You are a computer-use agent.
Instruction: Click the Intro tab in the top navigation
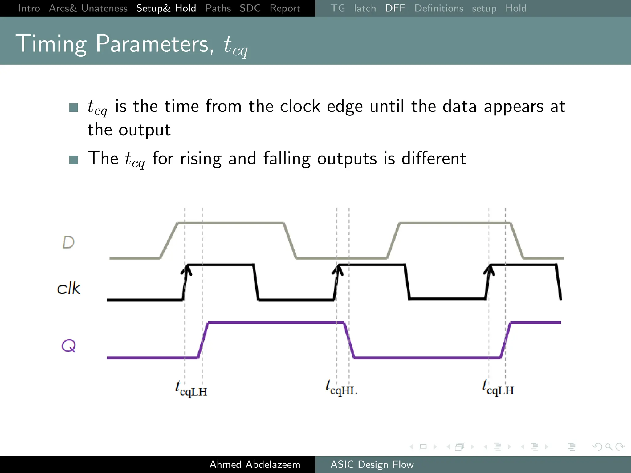pyautogui.click(x=29, y=8)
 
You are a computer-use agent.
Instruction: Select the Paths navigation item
pyautogui.click(x=218, y=8)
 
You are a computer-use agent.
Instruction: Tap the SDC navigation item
pyautogui.click(x=250, y=8)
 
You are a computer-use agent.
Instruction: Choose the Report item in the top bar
pyautogui.click(x=285, y=8)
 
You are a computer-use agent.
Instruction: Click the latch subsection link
pyautogui.click(x=365, y=8)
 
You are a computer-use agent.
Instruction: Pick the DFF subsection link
pyautogui.click(x=395, y=8)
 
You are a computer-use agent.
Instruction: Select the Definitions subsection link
pyautogui.click(x=438, y=8)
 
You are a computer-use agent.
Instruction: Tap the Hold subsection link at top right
pyautogui.click(x=516, y=8)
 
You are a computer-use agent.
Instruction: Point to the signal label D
pyautogui.click(x=68, y=242)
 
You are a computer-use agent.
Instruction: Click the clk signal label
pyautogui.click(x=69, y=288)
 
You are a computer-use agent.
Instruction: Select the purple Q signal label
pyautogui.click(x=68, y=346)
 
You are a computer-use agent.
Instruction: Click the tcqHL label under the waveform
pyautogui.click(x=341, y=388)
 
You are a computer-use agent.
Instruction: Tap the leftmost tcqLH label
pyautogui.click(x=191, y=389)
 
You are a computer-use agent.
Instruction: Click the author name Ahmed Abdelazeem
pyautogui.click(x=254, y=464)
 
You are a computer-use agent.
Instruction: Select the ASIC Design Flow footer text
pyautogui.click(x=372, y=464)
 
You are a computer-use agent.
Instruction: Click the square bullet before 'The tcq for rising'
pyautogui.click(x=74, y=160)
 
